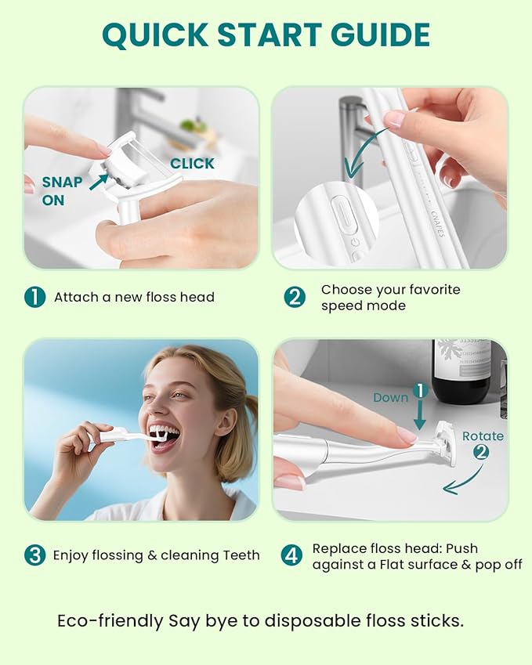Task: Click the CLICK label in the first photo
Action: tap(192, 163)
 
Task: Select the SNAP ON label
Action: tap(62, 190)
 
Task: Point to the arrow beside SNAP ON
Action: tap(99, 182)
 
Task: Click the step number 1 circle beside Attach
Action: tap(34, 297)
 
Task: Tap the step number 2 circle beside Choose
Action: tap(294, 297)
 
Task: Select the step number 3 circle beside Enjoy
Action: tap(34, 555)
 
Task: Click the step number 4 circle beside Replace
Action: tap(292, 555)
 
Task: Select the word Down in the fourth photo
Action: tap(390, 397)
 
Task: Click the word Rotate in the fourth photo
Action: tap(483, 436)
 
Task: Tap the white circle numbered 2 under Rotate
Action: tap(481, 452)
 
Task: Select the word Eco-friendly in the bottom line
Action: tap(110, 620)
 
